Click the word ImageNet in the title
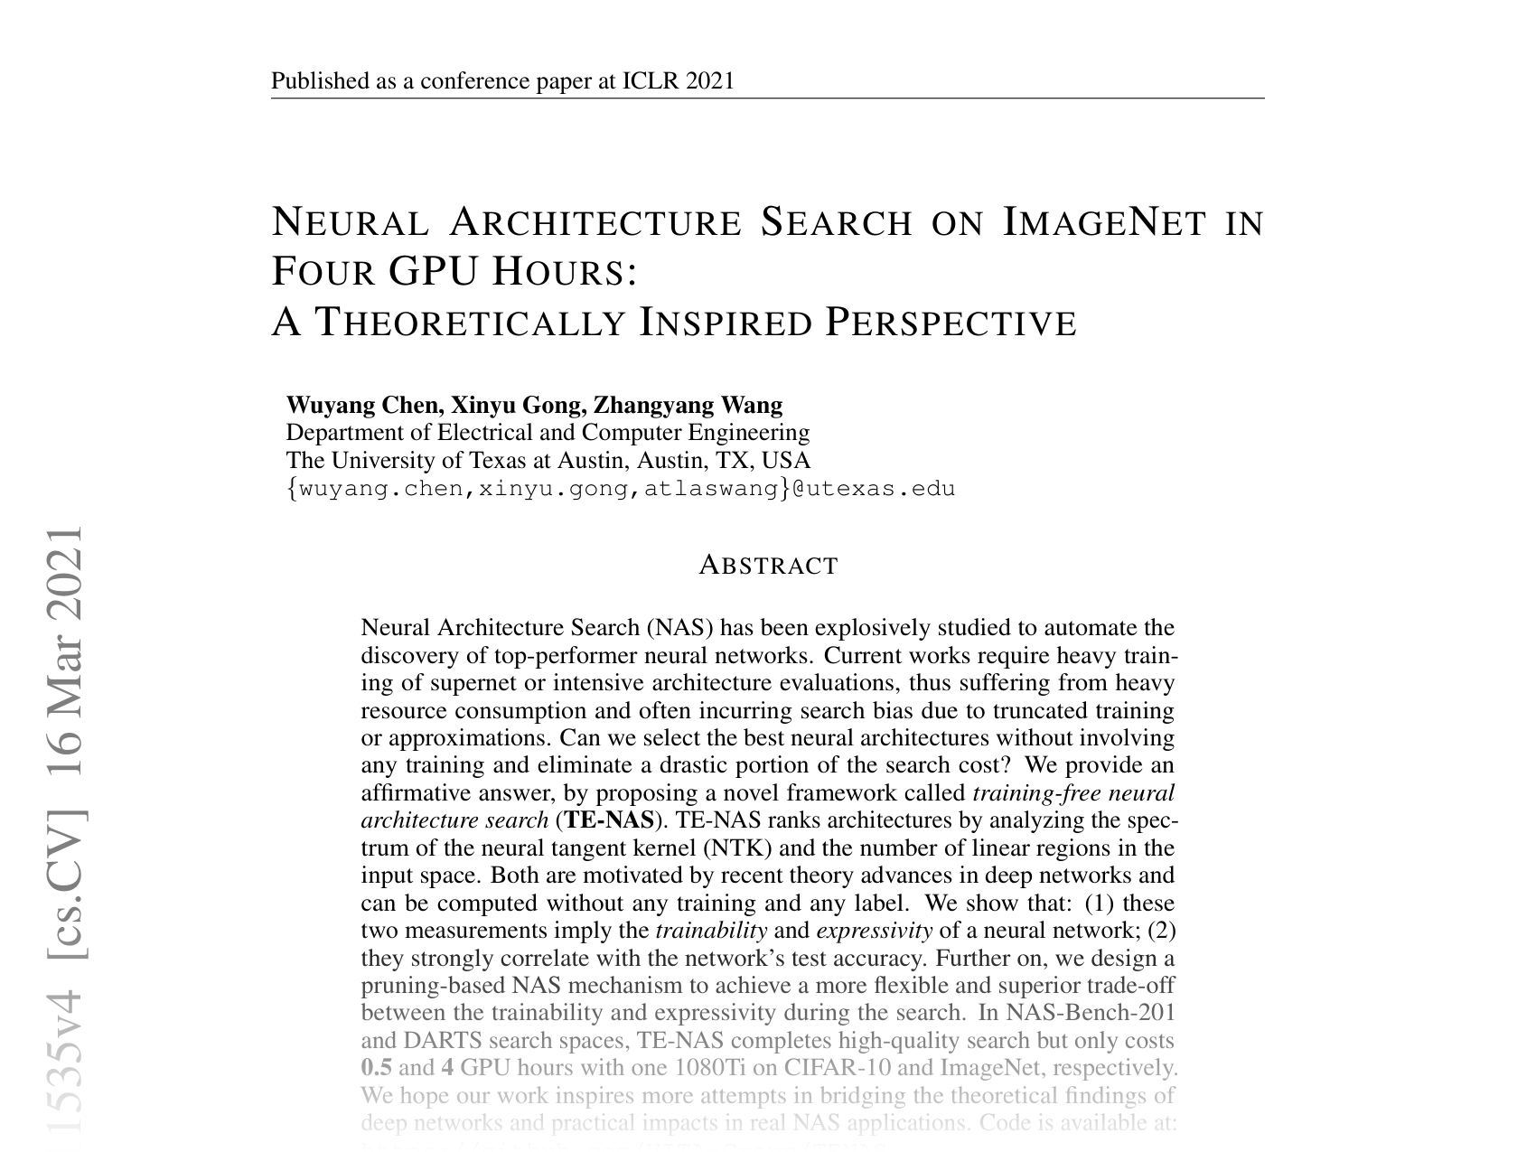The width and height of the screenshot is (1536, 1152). pos(1104,222)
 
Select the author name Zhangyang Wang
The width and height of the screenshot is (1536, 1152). pos(688,405)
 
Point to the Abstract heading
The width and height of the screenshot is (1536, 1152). pos(769,566)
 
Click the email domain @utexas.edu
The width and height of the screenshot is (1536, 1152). pos(874,489)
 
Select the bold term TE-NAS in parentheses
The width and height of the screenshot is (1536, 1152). pos(608,820)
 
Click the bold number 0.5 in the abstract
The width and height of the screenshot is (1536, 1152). pos(377,1068)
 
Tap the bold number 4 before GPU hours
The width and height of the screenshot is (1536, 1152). pos(447,1068)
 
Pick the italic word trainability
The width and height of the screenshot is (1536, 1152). pos(711,931)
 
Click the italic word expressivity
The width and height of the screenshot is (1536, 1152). pos(874,931)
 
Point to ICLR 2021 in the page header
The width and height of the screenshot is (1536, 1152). pos(678,81)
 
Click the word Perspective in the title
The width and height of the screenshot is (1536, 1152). pos(952,323)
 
